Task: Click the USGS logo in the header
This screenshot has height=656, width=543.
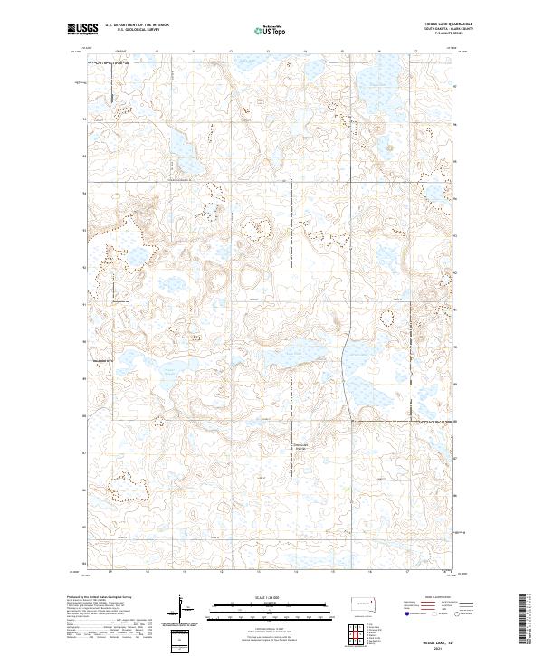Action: (82, 30)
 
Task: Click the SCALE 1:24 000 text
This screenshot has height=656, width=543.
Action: (261, 596)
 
